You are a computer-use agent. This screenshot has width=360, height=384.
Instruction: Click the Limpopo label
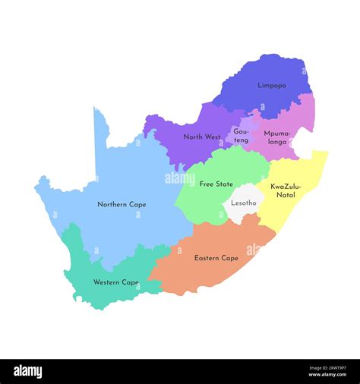(271, 86)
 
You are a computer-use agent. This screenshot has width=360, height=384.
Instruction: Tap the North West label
(202, 137)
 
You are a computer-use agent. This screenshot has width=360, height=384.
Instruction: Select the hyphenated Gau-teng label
(241, 136)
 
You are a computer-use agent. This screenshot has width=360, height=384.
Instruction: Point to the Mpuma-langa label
(276, 137)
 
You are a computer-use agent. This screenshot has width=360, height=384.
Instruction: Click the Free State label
(216, 184)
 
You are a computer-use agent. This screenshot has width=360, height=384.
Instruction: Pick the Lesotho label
(244, 203)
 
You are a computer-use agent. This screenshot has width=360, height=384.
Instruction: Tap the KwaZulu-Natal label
(286, 190)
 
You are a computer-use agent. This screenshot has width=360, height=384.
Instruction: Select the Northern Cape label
(122, 204)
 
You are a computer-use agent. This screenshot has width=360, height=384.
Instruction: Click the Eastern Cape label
(216, 258)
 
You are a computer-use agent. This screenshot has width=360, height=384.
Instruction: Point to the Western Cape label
(115, 282)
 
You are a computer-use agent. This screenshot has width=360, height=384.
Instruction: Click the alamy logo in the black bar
(27, 371)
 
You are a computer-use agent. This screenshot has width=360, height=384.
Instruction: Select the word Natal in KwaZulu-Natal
(286, 195)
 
